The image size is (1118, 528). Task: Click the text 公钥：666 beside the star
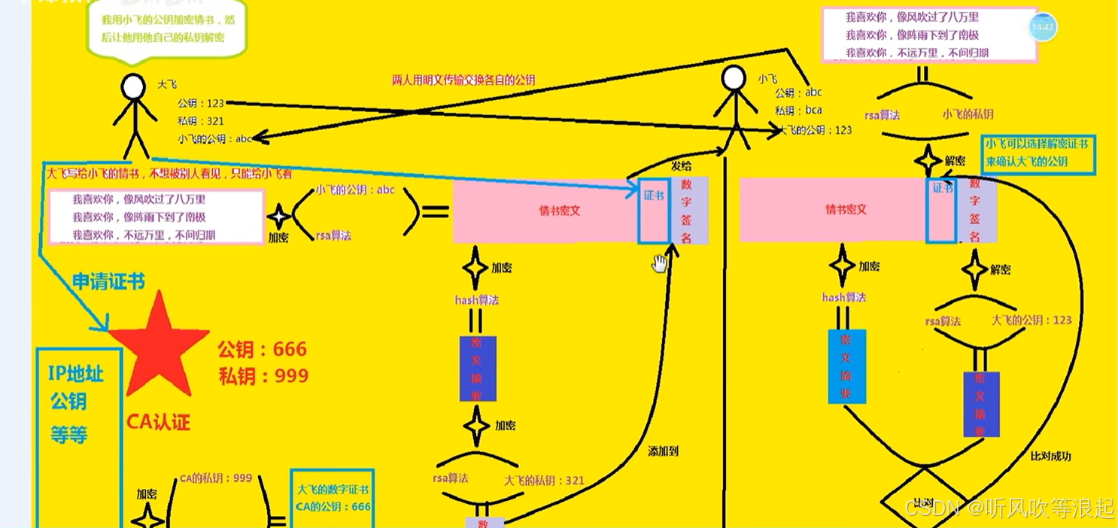click(x=263, y=350)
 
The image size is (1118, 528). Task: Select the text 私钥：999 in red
click(x=263, y=375)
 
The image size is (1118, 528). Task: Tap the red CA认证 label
click(x=158, y=422)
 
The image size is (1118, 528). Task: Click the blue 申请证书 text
click(x=108, y=281)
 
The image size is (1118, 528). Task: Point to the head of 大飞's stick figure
click(x=133, y=87)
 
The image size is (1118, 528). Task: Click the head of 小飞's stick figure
click(x=734, y=78)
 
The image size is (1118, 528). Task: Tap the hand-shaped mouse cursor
click(x=660, y=263)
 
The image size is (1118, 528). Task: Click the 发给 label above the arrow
click(x=682, y=165)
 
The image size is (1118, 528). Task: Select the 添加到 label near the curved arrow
click(x=663, y=451)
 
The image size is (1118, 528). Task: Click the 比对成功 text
click(x=1050, y=456)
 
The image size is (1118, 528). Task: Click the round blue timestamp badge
click(x=1043, y=28)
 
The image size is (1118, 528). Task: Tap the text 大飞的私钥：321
click(x=544, y=481)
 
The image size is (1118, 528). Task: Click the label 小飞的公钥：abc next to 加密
click(x=355, y=190)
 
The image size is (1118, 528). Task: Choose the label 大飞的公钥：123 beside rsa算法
click(x=1031, y=320)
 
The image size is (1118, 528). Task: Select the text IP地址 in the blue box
click(x=76, y=375)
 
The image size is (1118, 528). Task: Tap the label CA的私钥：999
click(x=216, y=478)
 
